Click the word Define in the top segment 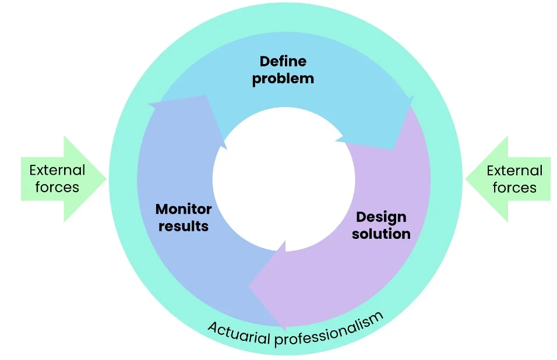coord(283,61)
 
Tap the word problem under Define coord(283,79)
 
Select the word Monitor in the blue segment coord(184,209)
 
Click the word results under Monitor coord(184,226)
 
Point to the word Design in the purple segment coord(381,217)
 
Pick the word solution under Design coord(381,234)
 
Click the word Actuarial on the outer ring coord(239,333)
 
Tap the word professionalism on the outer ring coord(329,329)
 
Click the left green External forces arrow coord(64,179)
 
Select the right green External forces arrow coord(508,179)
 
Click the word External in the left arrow coord(57,171)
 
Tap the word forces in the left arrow coord(57,187)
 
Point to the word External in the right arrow coord(514,171)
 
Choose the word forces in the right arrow coord(514,188)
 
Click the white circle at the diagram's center coord(284,179)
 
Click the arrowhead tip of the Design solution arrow coord(249,286)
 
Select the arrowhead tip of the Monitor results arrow coord(205,95)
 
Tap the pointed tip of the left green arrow coord(106,179)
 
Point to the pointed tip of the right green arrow coord(466,179)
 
